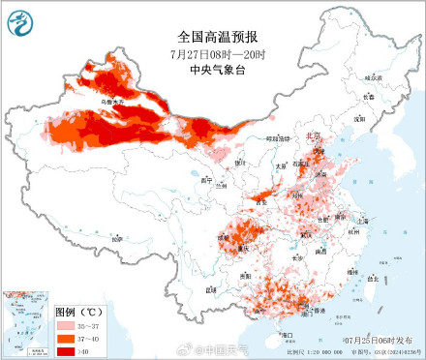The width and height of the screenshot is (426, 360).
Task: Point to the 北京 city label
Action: [x=312, y=137]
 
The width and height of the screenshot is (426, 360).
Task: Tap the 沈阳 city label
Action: [x=359, y=118]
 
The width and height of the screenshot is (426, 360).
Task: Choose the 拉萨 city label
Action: [x=116, y=237]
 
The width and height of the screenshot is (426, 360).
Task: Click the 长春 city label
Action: [x=366, y=97]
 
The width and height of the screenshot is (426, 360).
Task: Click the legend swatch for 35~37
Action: [x=64, y=327]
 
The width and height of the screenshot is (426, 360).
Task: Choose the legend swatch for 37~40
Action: [x=64, y=339]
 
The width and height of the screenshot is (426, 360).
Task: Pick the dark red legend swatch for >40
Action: [x=64, y=350]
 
